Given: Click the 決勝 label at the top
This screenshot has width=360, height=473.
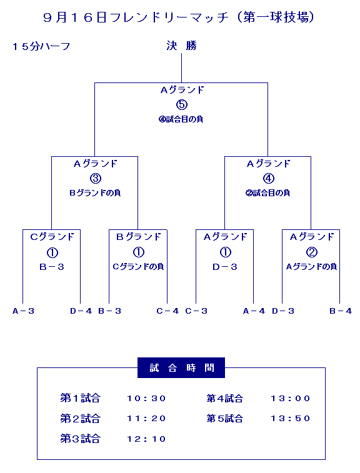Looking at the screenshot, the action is (x=181, y=46).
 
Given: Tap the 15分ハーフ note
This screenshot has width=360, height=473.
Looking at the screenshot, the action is (x=41, y=46).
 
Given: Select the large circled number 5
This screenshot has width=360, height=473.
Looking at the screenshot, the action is (x=182, y=105).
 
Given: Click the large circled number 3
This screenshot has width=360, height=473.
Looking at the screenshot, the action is (x=96, y=178).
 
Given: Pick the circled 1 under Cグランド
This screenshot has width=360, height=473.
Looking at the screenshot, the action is (x=52, y=252).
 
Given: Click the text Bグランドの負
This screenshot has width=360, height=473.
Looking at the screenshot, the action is (x=95, y=192).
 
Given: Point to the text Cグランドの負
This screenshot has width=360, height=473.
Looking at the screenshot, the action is (x=138, y=267).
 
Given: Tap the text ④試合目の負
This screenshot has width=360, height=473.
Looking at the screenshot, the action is (x=181, y=119).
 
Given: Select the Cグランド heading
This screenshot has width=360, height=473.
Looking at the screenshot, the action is (x=52, y=237).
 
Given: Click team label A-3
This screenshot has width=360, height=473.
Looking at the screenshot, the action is (x=23, y=311).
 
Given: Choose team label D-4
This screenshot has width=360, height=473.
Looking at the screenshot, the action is (x=81, y=311).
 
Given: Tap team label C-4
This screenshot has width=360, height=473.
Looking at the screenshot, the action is (x=167, y=311).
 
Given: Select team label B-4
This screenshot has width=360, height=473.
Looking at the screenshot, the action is (x=341, y=311).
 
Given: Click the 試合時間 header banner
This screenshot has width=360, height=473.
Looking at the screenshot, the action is (x=181, y=368).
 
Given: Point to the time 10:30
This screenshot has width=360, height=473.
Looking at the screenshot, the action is (x=146, y=399).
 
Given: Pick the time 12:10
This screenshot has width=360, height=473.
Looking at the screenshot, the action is (x=146, y=439).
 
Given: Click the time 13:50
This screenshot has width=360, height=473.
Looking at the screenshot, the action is (x=290, y=419).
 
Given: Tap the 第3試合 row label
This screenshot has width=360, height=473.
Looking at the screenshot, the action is (x=80, y=439).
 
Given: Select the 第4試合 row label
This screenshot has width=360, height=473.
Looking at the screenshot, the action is (x=225, y=399).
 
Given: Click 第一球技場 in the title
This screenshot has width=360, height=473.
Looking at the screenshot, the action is (x=276, y=17).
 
